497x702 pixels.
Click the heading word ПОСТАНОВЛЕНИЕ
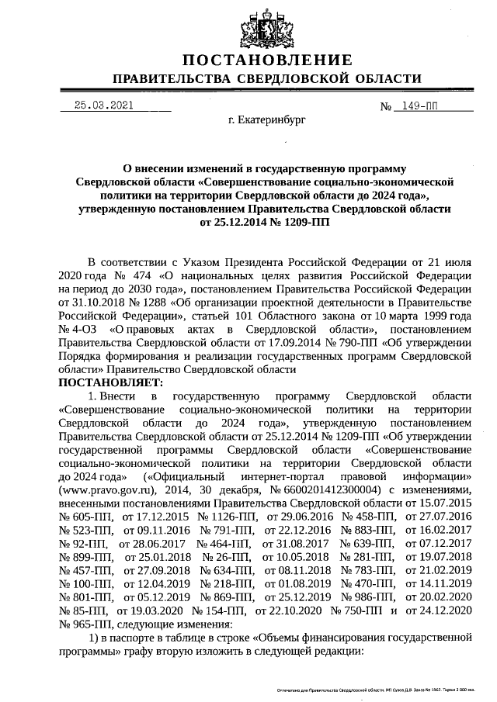click(x=267, y=61)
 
